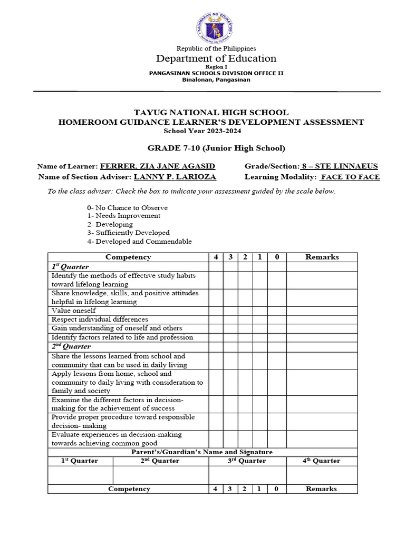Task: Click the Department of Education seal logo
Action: coord(215,27)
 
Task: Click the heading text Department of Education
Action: coord(215,58)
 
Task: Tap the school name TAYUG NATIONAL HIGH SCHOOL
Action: coord(211,113)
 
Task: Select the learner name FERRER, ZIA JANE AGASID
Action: coord(157,166)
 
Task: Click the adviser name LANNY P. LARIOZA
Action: coord(175,177)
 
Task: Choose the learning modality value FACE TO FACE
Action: coord(350,177)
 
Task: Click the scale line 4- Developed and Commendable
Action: coord(140,242)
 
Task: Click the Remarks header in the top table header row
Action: coord(322,257)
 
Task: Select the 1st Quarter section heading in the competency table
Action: coord(70,267)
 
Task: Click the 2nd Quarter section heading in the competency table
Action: coord(71,346)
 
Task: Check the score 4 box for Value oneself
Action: coord(216,311)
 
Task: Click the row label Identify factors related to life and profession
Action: coord(122,337)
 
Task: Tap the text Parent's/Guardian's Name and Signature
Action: coord(201,452)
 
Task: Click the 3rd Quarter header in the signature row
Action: coord(247,461)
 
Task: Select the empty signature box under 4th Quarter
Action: coord(322,475)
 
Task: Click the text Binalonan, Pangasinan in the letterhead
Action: coord(216,80)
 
